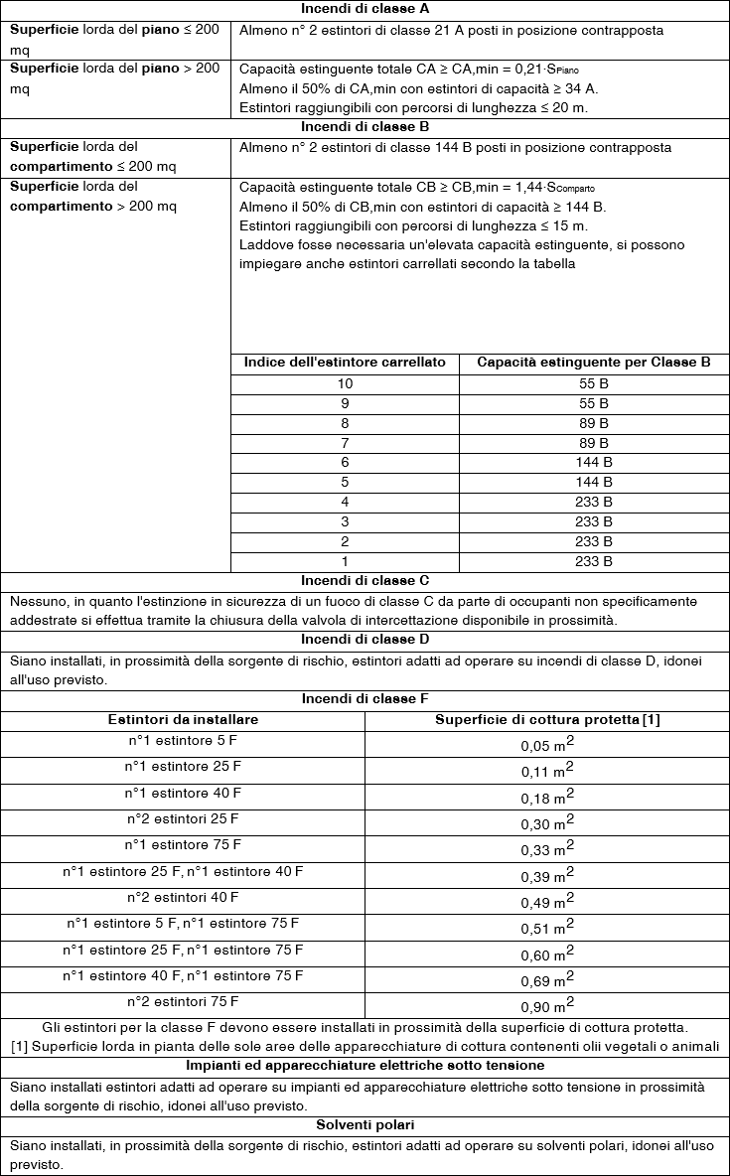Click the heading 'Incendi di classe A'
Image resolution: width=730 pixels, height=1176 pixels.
(x=365, y=10)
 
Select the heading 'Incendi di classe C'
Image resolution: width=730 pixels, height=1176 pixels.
(x=365, y=581)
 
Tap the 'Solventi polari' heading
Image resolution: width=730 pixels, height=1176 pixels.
(x=365, y=1125)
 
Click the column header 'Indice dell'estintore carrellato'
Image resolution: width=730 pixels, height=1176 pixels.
(x=345, y=363)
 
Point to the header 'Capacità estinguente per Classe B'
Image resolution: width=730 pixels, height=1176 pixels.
(x=594, y=363)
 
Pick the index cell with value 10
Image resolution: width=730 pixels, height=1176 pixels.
(x=345, y=383)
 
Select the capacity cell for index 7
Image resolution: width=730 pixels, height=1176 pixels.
(x=594, y=443)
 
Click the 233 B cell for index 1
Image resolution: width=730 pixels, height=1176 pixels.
(x=594, y=561)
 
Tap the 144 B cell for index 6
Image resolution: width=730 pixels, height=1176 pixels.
(x=594, y=463)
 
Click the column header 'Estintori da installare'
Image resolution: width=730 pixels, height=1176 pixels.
(x=183, y=719)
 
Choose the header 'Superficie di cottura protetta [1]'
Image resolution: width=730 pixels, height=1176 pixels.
(x=547, y=719)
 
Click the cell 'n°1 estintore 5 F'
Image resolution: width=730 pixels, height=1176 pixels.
(x=183, y=741)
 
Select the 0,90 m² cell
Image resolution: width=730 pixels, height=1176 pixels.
(x=547, y=1005)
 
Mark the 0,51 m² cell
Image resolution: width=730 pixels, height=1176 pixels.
(x=547, y=928)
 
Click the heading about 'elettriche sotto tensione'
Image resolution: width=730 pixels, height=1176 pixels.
(x=365, y=1066)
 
